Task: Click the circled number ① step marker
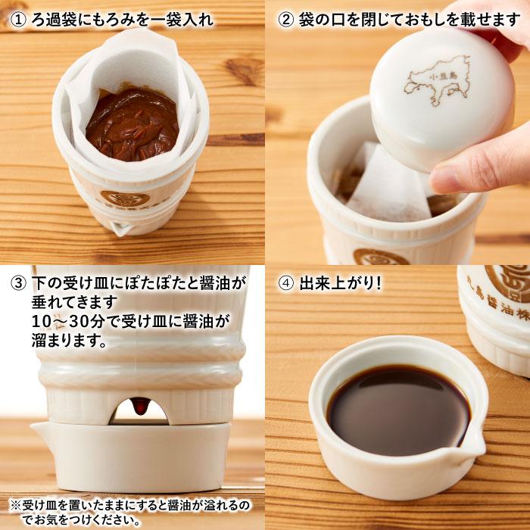17,20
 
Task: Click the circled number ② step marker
286,20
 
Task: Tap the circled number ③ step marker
17,283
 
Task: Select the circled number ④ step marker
286,283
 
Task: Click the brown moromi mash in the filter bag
132,123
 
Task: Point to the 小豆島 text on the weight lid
442,76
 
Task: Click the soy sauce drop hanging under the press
140,405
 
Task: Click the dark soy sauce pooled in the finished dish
398,410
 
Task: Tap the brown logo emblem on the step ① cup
125,198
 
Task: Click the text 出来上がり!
341,283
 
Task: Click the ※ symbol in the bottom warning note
16,506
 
